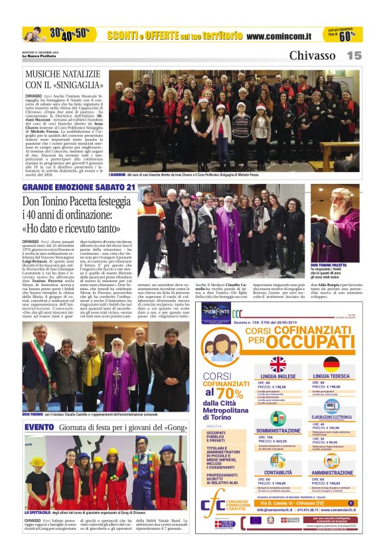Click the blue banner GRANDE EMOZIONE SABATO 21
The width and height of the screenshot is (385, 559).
(78, 187)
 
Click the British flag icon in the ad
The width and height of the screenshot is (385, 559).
(277, 364)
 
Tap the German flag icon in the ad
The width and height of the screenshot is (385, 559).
(331, 364)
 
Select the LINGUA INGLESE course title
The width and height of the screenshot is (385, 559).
(277, 376)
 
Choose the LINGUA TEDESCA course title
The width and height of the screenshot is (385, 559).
(331, 376)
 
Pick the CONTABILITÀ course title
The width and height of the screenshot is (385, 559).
(277, 472)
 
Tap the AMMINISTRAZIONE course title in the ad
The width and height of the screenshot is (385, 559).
(331, 472)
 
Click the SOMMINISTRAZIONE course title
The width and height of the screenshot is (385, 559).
(277, 430)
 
